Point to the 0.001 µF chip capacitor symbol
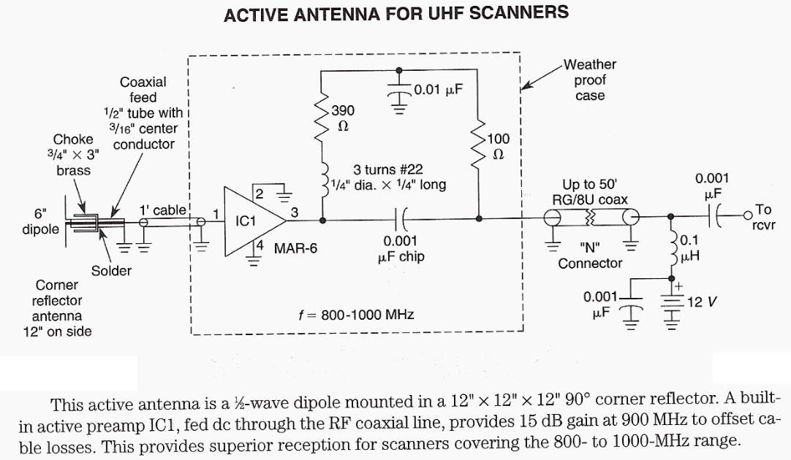tap(400, 218)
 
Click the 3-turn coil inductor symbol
tap(322, 182)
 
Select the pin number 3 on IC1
tap(294, 212)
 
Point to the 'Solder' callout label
tap(111, 271)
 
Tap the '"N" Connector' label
tap(590, 256)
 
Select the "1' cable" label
tap(163, 210)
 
